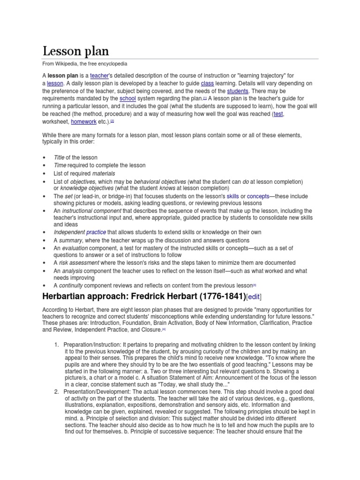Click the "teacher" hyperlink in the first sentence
(x=99, y=75)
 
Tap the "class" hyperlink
(x=207, y=83)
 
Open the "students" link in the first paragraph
(x=238, y=90)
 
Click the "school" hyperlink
(x=127, y=98)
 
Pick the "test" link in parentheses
(x=278, y=113)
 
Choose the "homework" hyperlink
(x=84, y=121)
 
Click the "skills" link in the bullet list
(x=232, y=196)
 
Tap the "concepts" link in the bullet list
(x=258, y=196)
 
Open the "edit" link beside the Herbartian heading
(x=254, y=296)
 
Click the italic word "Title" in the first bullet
(x=59, y=157)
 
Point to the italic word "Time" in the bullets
(x=60, y=165)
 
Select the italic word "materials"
(x=104, y=173)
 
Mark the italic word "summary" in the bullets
(x=70, y=240)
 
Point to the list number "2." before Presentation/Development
(x=57, y=391)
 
